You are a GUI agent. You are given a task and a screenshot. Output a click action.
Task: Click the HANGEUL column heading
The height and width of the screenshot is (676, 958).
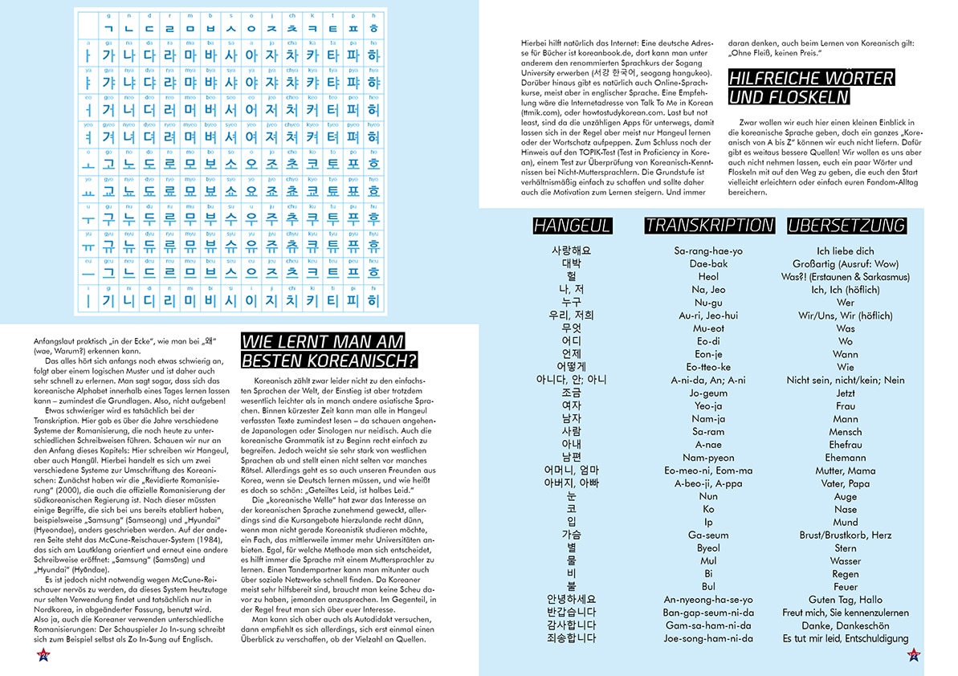click(x=572, y=226)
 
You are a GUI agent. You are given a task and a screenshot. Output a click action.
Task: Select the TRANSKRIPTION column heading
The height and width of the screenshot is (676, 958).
click(x=708, y=226)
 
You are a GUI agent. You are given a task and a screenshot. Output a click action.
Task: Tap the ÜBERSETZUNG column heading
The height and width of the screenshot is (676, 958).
click(x=846, y=226)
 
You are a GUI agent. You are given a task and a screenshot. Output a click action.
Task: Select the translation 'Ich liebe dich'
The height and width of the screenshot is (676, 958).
click(x=845, y=251)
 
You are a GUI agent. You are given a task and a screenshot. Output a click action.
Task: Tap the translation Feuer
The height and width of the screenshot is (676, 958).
click(x=845, y=587)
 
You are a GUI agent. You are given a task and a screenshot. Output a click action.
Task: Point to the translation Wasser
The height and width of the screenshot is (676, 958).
click(x=845, y=561)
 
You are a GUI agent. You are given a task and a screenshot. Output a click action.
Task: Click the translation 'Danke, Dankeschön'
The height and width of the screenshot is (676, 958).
click(x=845, y=625)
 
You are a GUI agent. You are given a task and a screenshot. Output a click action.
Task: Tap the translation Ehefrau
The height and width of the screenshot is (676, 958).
click(x=845, y=445)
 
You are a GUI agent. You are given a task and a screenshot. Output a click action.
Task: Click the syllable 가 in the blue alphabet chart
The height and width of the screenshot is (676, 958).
click(x=110, y=55)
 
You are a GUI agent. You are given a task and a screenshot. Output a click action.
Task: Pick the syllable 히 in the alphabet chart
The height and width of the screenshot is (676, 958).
click(x=373, y=301)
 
